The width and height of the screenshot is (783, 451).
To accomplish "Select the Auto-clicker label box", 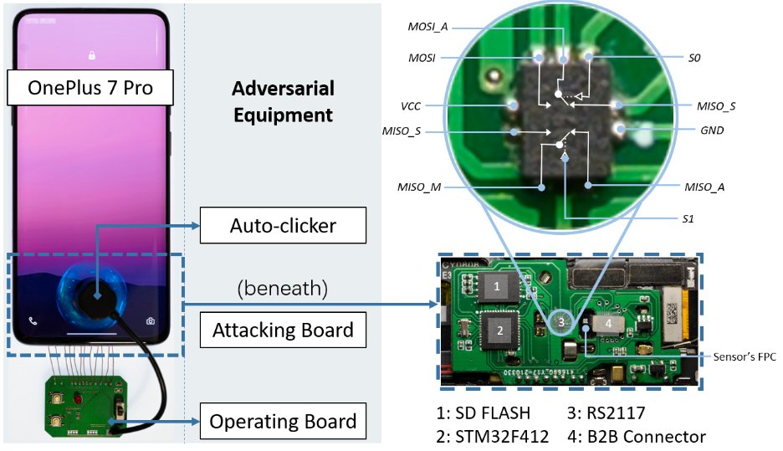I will point(284,224).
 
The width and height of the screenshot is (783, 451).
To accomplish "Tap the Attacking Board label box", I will point(284,331).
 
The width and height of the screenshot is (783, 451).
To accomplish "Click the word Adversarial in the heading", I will point(283,89).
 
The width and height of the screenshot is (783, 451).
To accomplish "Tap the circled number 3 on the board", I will point(563,321).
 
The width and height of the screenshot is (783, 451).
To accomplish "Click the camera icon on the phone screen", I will point(151,320).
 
